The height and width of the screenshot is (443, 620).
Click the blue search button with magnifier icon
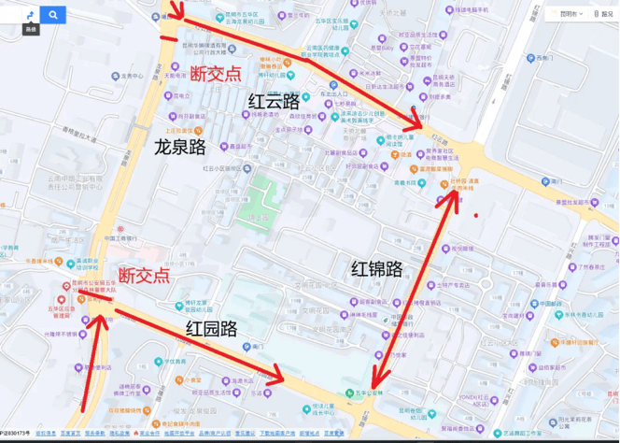tap(53, 14)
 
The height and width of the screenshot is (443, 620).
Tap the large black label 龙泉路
tap(179, 147)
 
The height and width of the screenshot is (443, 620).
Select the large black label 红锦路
tap(377, 269)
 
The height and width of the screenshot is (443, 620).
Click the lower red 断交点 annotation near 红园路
tap(145, 275)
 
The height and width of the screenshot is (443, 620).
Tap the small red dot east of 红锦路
tap(476, 216)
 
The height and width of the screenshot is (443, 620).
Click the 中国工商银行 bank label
tap(122, 238)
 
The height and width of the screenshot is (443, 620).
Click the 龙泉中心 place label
tap(130, 75)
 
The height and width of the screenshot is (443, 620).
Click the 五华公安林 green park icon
tap(348, 393)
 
